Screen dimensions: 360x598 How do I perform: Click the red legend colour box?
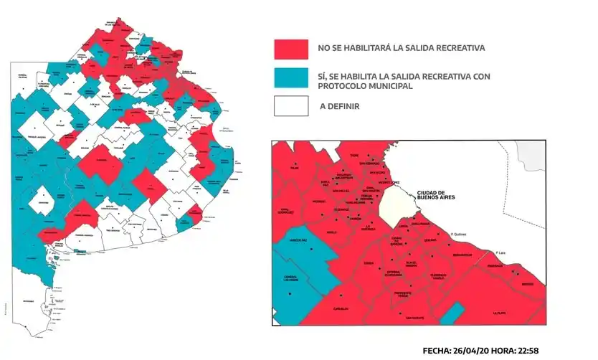pos(291,49)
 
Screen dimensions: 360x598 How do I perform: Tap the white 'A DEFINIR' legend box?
pos(291,107)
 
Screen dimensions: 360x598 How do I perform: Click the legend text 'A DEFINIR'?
pos(339,107)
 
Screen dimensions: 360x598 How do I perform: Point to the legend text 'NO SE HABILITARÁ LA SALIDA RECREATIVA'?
pos(402,49)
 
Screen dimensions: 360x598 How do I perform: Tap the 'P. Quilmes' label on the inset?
pos(459,234)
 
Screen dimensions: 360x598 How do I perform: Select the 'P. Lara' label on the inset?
pos(502,252)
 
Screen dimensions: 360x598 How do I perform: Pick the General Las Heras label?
pos(290,279)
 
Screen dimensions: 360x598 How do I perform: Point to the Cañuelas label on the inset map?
pos(341,309)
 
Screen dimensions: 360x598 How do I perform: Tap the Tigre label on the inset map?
pos(353,156)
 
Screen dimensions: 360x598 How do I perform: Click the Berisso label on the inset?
pos(528,283)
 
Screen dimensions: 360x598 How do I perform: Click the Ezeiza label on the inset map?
pos(369,263)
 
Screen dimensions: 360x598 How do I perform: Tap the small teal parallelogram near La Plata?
pos(450,313)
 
